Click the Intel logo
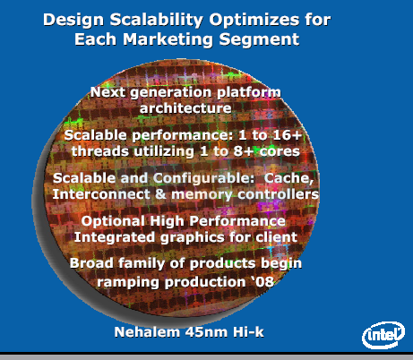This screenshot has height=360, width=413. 383,335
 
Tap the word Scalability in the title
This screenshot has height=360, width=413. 157,20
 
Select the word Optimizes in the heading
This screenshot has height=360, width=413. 254,20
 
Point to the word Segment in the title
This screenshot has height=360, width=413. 259,39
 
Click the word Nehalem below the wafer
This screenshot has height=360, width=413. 147,332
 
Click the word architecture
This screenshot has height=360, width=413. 185,108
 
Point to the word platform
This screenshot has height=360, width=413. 249,92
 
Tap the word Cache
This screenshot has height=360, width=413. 288,178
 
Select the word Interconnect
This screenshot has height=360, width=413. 101,194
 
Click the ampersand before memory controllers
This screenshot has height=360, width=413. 160,194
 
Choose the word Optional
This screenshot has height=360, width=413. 113,221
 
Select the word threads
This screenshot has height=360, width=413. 100,151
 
